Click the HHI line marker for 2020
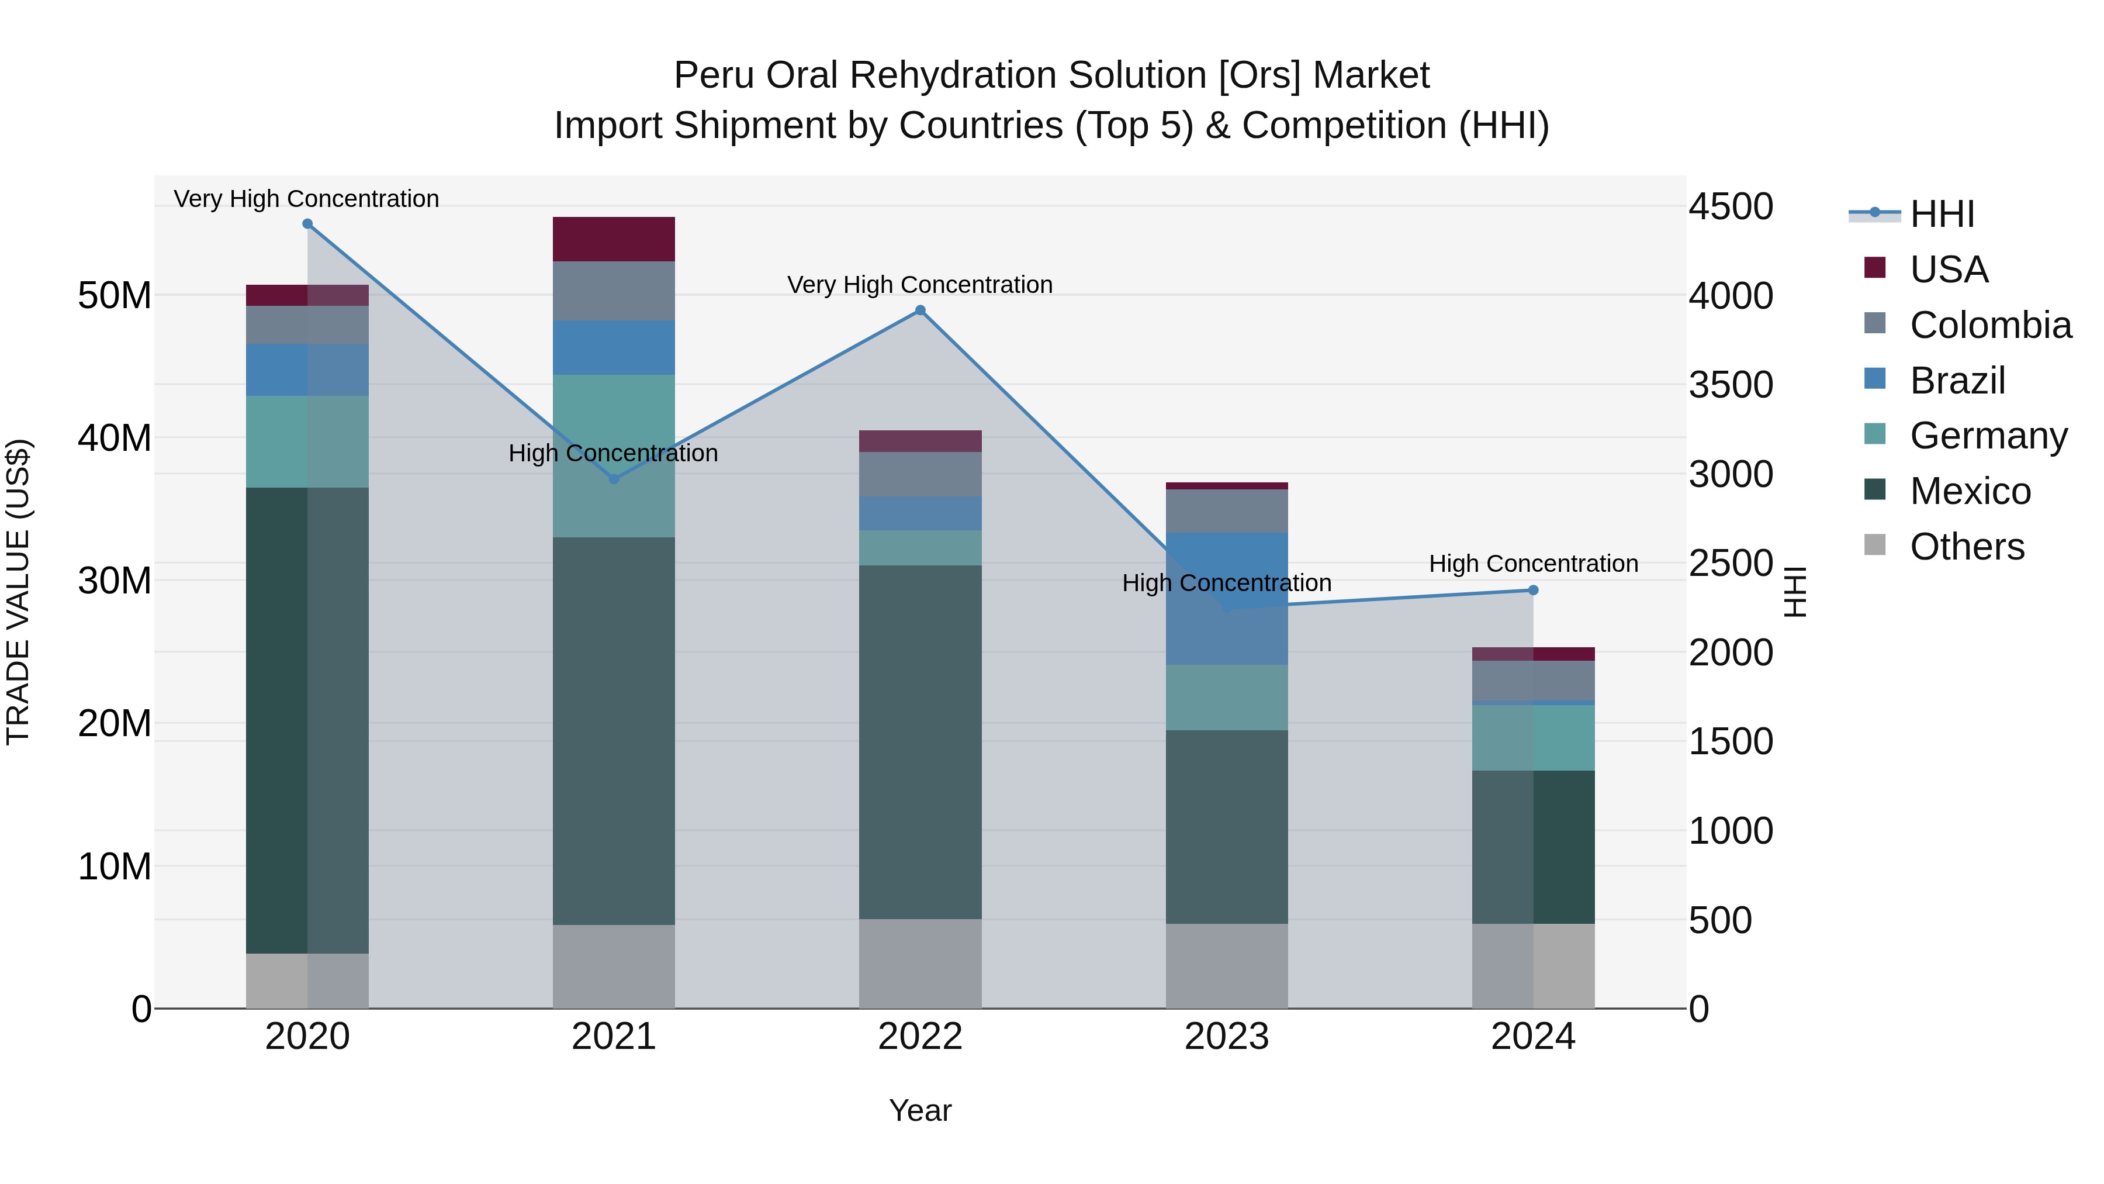pos(307,224)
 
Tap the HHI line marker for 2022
pos(920,310)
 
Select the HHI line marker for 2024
pos(1533,590)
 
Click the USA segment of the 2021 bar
pos(614,239)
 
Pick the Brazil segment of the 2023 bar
pos(1226,598)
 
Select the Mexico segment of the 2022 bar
pos(920,742)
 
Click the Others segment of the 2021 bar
pos(614,966)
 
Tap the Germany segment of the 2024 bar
pos(1533,737)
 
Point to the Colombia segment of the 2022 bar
pos(920,474)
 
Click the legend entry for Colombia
pos(1989,325)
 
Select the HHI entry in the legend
pos(1942,214)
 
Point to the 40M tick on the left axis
pos(115,438)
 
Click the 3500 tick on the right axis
pos(1731,385)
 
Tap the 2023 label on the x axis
pos(1226,1037)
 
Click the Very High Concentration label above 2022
pos(920,284)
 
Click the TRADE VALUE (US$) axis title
pos(18,592)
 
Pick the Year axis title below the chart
pos(920,1110)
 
